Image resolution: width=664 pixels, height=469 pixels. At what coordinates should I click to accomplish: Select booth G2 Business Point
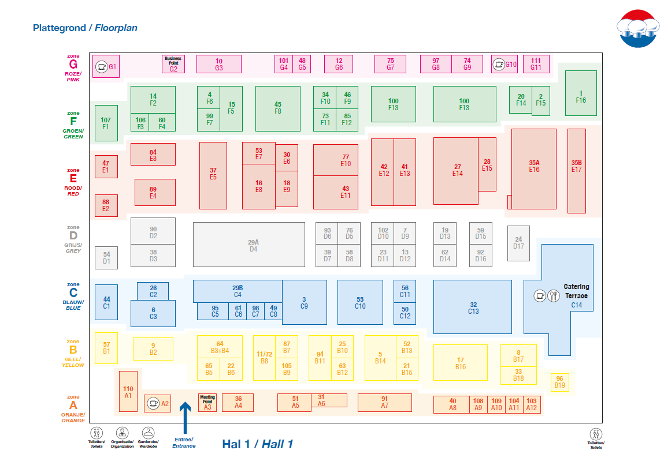pyautogui.click(x=173, y=64)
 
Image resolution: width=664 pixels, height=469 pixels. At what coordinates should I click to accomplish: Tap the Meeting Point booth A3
pyautogui.click(x=207, y=403)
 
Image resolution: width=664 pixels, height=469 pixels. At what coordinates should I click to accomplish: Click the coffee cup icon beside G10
pyautogui.click(x=498, y=64)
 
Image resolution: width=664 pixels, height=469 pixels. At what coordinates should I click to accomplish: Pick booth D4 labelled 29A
pyautogui.click(x=249, y=245)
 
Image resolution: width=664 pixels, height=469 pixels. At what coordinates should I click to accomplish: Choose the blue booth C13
pyautogui.click(x=472, y=307)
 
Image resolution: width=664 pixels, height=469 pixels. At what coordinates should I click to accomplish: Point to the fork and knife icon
pyautogui.click(x=553, y=296)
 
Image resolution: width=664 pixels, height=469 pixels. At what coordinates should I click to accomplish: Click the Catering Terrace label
pyautogui.click(x=576, y=291)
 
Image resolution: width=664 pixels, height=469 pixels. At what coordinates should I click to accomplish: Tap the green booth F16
pyautogui.click(x=580, y=96)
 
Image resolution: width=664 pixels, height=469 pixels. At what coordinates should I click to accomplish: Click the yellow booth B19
pyautogui.click(x=559, y=382)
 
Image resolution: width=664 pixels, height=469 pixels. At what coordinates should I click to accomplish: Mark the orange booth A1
pyautogui.click(x=128, y=391)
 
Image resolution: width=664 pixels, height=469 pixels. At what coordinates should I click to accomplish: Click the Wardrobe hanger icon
pyautogui.click(x=149, y=432)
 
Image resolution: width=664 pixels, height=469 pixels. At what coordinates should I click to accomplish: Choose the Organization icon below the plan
pyautogui.click(x=122, y=433)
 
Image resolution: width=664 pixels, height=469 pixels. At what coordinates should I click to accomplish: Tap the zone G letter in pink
pyautogui.click(x=73, y=64)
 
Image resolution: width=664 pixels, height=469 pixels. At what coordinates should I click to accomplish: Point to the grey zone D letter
pyautogui.click(x=73, y=235)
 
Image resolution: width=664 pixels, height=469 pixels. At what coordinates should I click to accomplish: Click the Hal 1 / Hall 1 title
pyautogui.click(x=257, y=444)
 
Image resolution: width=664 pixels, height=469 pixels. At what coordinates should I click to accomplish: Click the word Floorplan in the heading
pyautogui.click(x=116, y=28)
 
